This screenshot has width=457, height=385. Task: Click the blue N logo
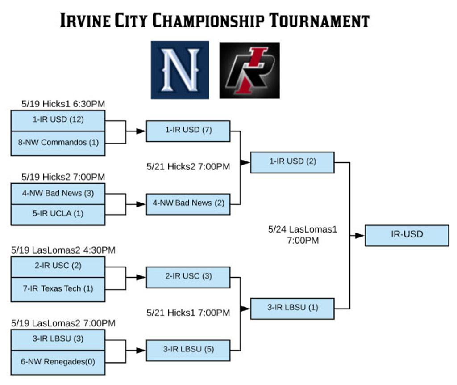(180, 70)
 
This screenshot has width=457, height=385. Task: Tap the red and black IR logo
(249, 70)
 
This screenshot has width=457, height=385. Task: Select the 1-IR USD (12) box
(58, 120)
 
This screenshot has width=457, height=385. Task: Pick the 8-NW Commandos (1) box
(58, 143)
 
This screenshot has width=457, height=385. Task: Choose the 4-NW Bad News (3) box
(58, 193)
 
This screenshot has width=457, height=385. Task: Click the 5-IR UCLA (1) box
(58, 214)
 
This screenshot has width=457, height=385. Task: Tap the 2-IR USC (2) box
(58, 266)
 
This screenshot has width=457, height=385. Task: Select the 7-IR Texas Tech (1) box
(58, 289)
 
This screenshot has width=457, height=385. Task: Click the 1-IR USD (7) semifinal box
(188, 131)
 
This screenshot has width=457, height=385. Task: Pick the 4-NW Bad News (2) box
(188, 203)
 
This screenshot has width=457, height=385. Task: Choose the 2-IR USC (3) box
(188, 277)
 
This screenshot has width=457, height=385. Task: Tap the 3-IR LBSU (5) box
(188, 350)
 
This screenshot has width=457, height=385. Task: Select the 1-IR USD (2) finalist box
(292, 162)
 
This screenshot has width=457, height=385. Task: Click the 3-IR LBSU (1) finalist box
(292, 308)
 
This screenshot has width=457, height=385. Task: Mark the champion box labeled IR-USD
(407, 235)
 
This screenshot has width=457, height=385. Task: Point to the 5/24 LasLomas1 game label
(303, 235)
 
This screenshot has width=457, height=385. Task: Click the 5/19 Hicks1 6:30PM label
(63, 104)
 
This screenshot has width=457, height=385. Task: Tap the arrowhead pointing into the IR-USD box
(360, 236)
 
